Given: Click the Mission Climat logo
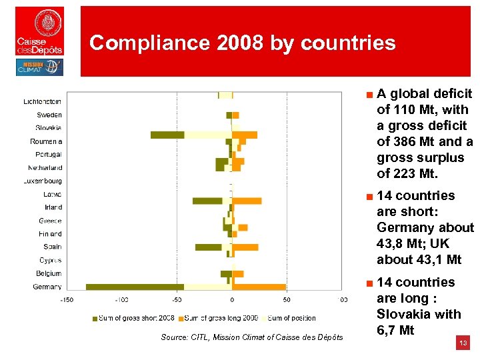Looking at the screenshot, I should click(x=39, y=67).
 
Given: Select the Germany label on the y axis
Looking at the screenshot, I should click(x=47, y=287).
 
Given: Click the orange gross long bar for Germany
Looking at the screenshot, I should click(x=259, y=287).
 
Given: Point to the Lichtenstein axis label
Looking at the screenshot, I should click(x=43, y=101).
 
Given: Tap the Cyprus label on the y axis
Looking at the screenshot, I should click(x=50, y=260).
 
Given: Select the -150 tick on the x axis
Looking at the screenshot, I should click(x=67, y=300).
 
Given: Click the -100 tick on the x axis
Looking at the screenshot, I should click(x=121, y=300).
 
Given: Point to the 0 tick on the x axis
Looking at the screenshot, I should click(x=232, y=300).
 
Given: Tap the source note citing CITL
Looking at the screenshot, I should click(x=252, y=337).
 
